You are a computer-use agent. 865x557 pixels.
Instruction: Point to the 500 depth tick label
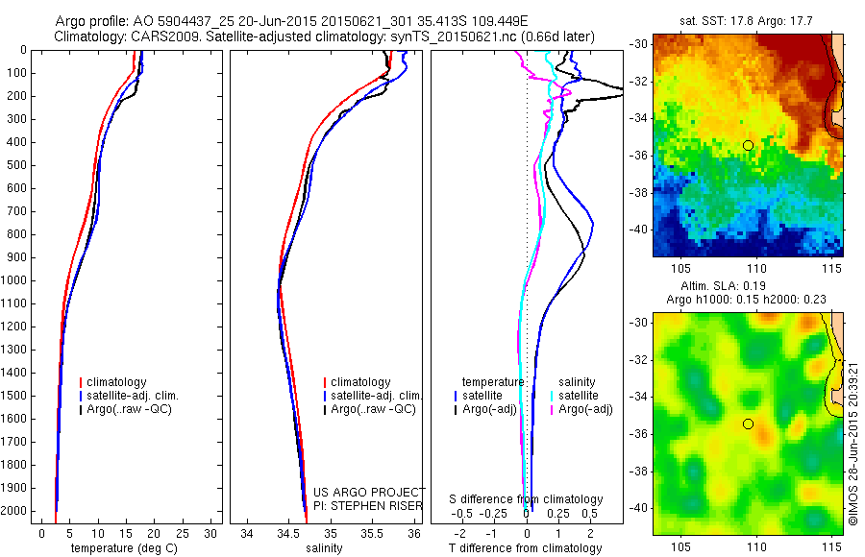tap(15, 165)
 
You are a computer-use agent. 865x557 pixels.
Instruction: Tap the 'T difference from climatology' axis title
tap(526, 548)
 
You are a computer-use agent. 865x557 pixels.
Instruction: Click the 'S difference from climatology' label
tap(527, 499)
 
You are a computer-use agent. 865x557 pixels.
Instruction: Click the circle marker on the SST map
tap(748, 145)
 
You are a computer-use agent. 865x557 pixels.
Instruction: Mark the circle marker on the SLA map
tap(748, 424)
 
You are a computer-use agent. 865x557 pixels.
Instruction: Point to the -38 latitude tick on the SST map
tap(637, 191)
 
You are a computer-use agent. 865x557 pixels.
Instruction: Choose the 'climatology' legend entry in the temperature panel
tap(116, 382)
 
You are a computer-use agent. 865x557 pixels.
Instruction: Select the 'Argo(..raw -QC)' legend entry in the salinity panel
tap(372, 409)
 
